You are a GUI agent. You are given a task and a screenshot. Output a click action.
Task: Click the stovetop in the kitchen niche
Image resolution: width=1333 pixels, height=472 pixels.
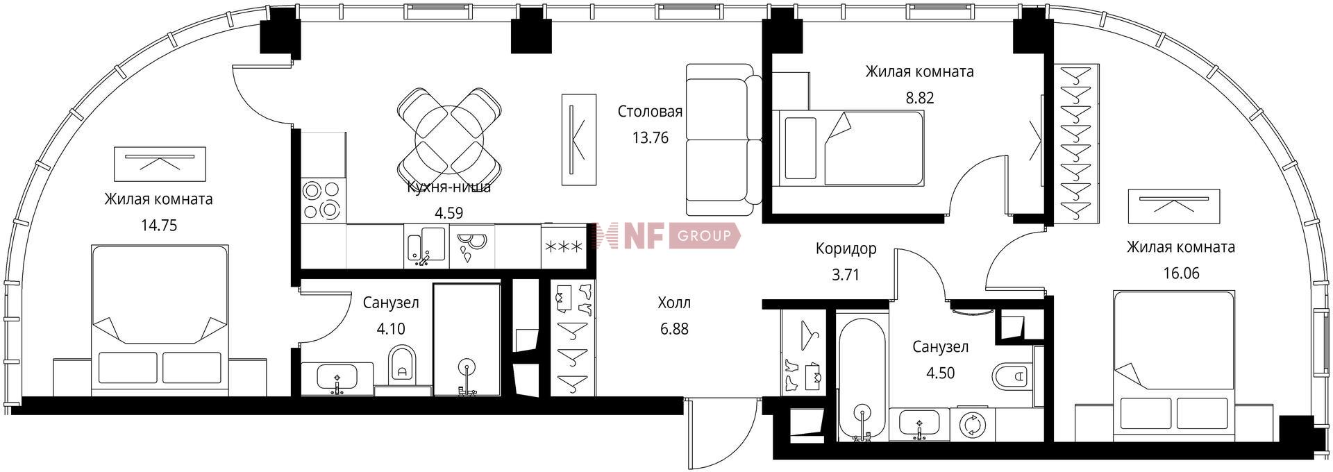(x=323, y=199)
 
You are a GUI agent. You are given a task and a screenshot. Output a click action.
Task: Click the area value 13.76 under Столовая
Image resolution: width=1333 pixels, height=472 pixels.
(x=650, y=138)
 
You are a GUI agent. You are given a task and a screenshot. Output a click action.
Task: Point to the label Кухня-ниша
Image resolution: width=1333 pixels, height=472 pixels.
(x=449, y=187)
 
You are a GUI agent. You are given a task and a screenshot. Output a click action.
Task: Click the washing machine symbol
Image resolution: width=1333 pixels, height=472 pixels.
(x=973, y=424)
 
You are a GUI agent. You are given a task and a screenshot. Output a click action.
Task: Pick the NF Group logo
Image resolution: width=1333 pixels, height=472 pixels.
(x=666, y=237)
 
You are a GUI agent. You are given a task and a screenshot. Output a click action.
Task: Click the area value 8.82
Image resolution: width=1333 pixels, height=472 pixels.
(x=919, y=98)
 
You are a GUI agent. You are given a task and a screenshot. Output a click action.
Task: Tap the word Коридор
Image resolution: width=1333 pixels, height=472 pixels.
(x=846, y=248)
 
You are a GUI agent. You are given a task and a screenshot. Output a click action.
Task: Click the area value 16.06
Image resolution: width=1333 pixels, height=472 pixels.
(x=1181, y=273)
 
